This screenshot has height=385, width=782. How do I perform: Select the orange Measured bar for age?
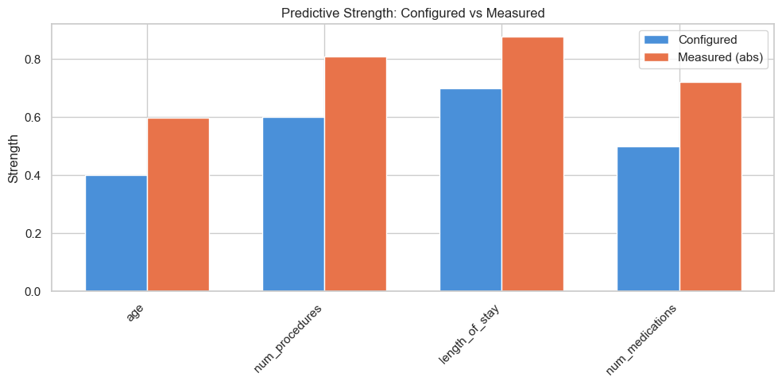coord(178,204)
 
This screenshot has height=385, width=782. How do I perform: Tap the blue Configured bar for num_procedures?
coord(293,204)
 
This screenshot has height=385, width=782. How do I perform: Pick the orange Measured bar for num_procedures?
coord(355,174)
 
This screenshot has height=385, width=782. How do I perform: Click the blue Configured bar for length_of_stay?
coord(470,190)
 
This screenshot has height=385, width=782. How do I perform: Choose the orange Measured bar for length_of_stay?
coord(532,164)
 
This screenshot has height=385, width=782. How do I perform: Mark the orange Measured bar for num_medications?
coord(710,187)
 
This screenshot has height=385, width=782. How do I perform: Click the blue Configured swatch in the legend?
coord(659,39)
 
